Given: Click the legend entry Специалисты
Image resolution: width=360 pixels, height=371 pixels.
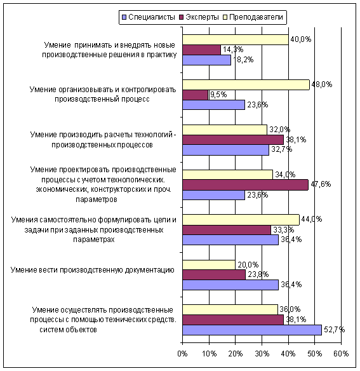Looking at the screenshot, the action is tap(149, 17).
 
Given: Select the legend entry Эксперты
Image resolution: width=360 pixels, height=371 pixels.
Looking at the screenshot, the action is tap(199, 17).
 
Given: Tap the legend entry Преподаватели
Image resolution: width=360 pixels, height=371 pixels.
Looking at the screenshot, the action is tap(253, 17).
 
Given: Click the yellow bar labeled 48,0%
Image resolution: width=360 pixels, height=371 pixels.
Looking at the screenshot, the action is tap(246, 84).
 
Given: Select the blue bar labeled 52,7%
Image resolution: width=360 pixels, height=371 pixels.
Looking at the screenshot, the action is tap(252, 330).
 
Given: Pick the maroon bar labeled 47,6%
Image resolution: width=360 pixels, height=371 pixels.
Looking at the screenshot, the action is tap(246, 185).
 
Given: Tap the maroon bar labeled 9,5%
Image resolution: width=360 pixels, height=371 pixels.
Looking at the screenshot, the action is tap(195, 95).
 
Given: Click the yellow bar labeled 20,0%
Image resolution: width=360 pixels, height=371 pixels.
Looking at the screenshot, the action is tap(209, 265).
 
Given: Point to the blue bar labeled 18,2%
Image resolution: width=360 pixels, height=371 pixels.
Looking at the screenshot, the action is tap(207, 60).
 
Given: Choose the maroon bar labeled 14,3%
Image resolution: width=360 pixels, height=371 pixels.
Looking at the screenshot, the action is tap(201, 50).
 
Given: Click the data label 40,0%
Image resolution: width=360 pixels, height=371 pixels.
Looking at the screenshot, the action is tap(300, 39).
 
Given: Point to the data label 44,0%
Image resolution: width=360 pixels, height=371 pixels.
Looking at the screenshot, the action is tap(312, 219).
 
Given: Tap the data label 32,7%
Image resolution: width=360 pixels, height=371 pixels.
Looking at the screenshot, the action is tap(281, 149).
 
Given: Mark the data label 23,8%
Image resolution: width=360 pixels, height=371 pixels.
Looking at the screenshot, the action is tap(258, 274).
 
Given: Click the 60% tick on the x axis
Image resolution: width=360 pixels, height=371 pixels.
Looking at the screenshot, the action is tap(341, 353).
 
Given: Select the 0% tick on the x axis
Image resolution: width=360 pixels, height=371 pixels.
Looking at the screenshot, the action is tap(182, 353).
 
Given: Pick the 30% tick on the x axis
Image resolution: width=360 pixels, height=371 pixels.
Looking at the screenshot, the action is tap(262, 353).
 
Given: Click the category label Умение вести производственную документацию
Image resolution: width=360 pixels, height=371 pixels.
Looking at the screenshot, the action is tap(93, 270).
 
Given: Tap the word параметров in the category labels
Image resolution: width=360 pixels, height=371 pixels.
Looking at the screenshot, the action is tap(97, 199).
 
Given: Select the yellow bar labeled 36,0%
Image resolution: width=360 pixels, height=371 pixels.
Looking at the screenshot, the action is tap(230, 310).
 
